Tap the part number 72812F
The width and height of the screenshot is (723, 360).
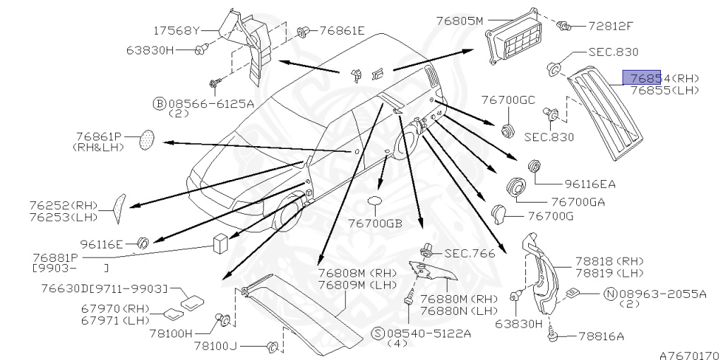pyautogui.click(x=611, y=26)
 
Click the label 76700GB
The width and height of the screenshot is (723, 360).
pyautogui.click(x=374, y=223)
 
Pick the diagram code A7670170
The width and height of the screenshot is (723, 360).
pyautogui.click(x=689, y=355)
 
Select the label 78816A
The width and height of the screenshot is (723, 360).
pyautogui.click(x=601, y=337)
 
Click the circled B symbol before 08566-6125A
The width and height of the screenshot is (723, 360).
pyautogui.click(x=160, y=103)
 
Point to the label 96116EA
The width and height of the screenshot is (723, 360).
pyautogui.click(x=590, y=185)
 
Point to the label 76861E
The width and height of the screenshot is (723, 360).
pyautogui.click(x=342, y=30)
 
